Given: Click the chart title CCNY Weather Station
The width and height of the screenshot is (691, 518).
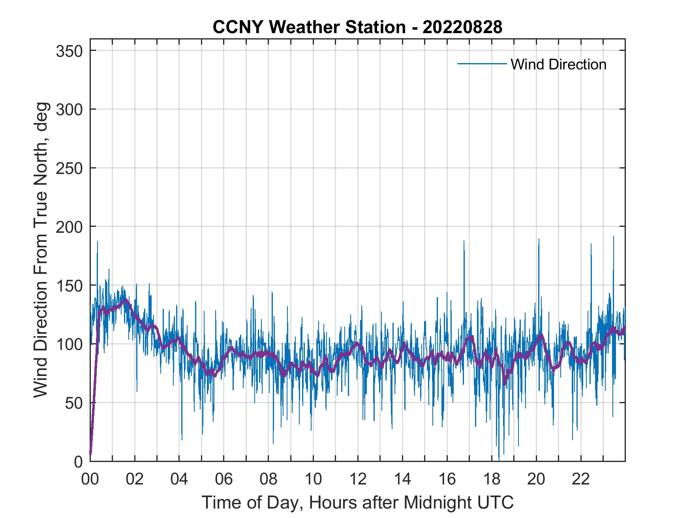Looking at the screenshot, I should [309, 27].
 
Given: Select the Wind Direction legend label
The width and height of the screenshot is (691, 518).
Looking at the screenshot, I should [558, 64].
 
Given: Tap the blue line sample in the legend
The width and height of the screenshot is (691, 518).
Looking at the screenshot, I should [482, 64].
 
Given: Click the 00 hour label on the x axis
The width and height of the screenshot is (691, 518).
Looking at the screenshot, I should [90, 479].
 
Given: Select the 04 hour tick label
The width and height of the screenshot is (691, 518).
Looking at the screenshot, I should [179, 479].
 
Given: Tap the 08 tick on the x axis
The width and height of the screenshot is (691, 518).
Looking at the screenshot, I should [269, 479].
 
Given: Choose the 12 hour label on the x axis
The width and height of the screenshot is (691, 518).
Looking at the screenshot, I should [358, 479].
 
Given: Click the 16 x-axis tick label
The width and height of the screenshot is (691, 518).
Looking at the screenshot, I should [447, 479].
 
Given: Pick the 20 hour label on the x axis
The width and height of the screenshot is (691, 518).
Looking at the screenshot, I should [536, 479].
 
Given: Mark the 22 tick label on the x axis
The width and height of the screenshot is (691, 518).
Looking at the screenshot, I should [581, 479].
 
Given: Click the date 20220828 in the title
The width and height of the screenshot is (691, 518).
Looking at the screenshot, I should [462, 27].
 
